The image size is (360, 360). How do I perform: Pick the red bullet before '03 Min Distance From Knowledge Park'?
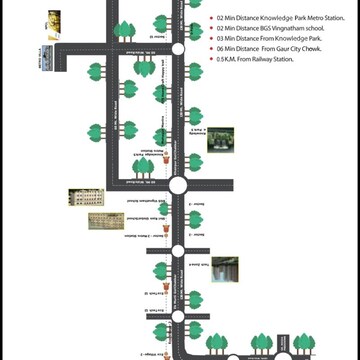210,38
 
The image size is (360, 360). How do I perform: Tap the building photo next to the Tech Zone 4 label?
224,270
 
